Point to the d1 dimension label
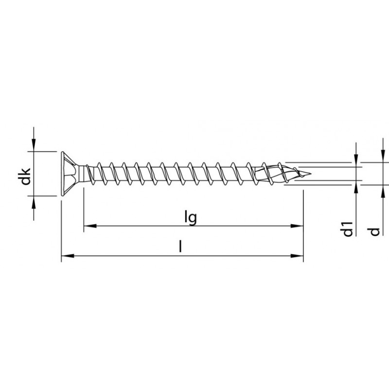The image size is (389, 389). tap(347, 229)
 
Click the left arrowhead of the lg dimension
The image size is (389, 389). tap(88, 226)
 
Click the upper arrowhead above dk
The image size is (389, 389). tap(33, 146)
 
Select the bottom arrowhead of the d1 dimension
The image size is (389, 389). tap(356, 186)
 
